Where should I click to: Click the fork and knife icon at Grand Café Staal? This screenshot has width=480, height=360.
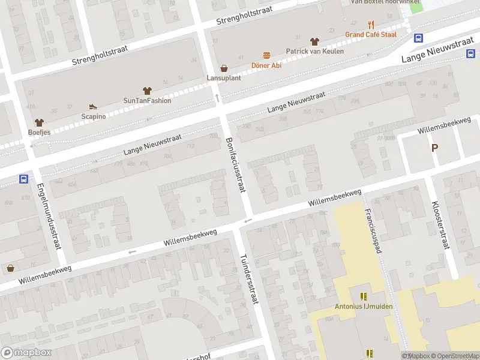point(371,25)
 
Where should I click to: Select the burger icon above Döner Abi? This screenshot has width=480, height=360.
point(266,55)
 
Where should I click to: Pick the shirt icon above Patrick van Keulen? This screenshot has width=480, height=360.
point(314,41)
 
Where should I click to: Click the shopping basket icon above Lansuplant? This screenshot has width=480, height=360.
point(224,68)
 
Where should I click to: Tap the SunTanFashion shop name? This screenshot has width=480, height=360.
point(147,100)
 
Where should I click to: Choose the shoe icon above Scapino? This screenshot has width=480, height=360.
point(93,106)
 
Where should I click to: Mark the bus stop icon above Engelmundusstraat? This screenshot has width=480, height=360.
point(24,179)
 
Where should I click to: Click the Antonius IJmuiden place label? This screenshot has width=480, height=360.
point(363,307)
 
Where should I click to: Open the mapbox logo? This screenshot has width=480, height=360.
point(25,352)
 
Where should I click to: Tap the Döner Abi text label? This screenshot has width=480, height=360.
point(266,65)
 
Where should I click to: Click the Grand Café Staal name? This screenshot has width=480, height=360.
point(371,35)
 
